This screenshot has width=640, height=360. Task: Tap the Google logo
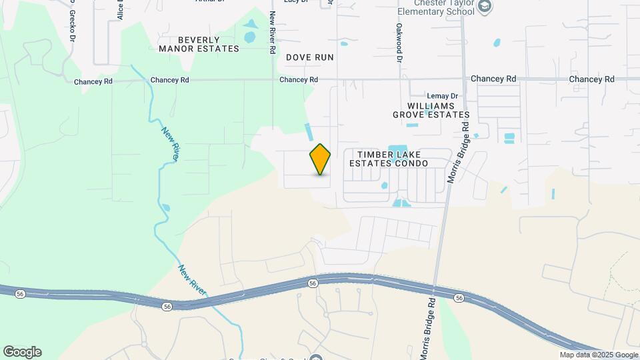pos(22,351)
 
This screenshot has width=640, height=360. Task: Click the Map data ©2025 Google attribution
pos(599,355)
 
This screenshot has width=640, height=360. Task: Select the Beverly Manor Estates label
pos(199,44)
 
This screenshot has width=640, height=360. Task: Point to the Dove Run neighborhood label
pos(309,57)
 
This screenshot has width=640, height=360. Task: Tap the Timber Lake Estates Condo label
pos(388,158)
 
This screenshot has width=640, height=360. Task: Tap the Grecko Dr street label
pos(71,17)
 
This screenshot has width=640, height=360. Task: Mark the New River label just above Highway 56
pos(192,280)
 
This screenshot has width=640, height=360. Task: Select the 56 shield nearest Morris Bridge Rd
pos(459,297)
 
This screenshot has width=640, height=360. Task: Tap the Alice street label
pos(121,9)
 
